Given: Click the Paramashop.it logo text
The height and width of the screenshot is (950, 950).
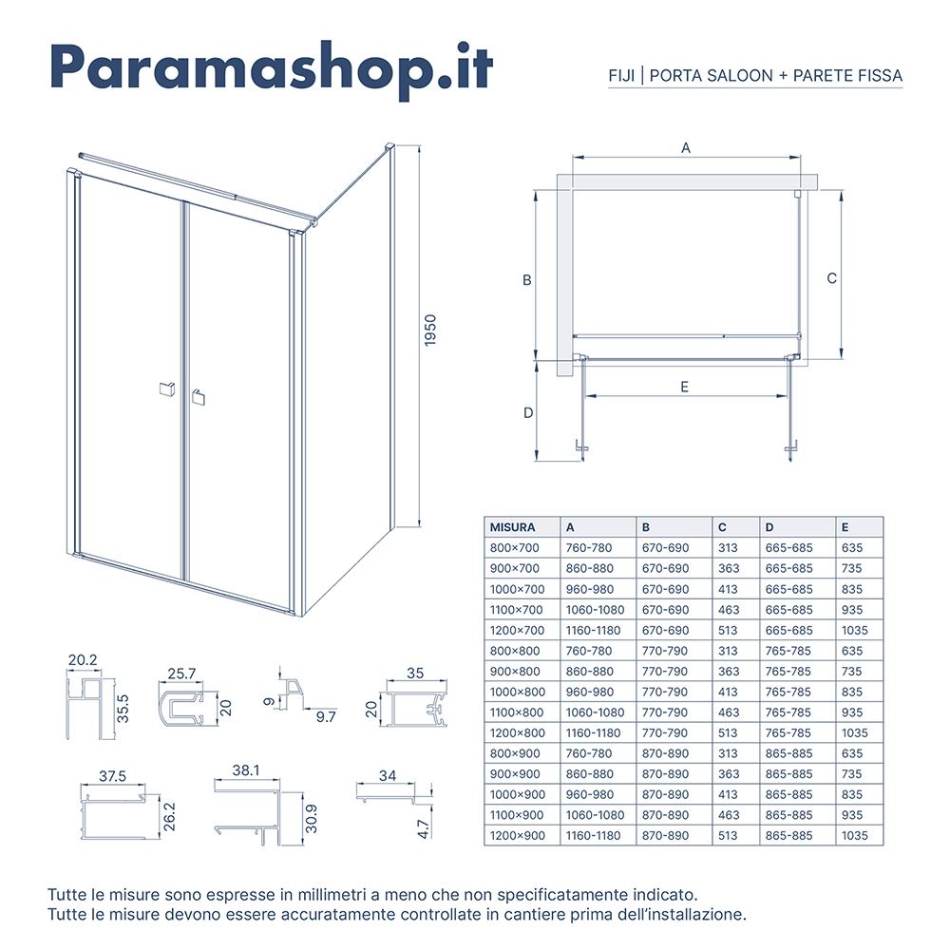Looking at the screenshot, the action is coord(271,69).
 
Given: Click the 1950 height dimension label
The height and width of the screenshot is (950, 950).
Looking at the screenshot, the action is coord(430,331).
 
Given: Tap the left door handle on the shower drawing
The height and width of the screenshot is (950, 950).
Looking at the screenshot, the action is coord(166,389).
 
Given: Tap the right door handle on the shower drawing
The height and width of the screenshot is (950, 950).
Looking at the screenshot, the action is coord(199,397).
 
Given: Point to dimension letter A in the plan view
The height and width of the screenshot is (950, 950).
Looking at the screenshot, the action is coord(686,148).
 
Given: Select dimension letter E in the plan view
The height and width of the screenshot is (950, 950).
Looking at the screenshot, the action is coord(685,387).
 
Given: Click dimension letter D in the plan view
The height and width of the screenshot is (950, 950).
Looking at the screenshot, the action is coord(528,412).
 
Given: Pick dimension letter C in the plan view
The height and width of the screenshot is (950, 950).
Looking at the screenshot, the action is coord(832,278).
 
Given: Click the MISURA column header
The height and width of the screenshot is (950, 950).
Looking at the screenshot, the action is coord(513,527).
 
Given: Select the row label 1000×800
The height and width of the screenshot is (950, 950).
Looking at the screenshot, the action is coord(518,692).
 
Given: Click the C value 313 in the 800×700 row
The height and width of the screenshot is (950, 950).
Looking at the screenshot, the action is coord(729,548).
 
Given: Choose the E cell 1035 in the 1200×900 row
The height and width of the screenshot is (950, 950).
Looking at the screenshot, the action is coord(855,836).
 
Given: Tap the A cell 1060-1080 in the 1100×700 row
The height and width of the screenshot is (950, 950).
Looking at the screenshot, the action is coord(595,610).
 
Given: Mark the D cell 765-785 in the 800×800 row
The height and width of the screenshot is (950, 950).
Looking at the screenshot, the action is coord(788,652).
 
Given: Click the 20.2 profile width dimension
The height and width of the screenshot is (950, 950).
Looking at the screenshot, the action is coord(83,660).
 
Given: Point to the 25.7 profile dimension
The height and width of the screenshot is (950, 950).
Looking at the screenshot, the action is coord(181,674).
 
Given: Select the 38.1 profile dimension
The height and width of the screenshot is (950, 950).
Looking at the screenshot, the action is coord(246,770).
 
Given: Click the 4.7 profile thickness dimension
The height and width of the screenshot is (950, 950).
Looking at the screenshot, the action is coord(424,828).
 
